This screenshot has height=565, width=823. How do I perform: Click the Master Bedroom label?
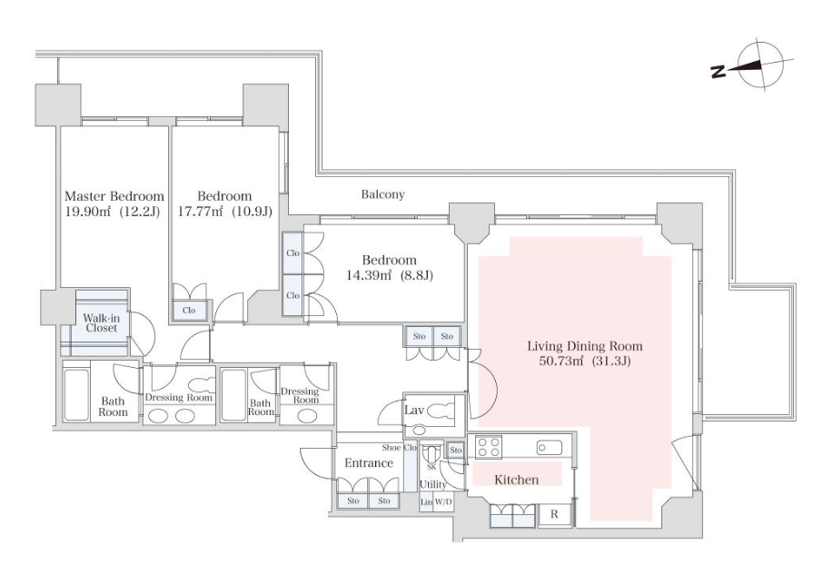[x=114, y=196]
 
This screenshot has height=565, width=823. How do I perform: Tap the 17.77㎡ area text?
[x=201, y=212]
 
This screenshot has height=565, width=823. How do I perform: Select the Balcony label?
[x=382, y=194]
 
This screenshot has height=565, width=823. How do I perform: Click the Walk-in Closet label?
[x=102, y=323]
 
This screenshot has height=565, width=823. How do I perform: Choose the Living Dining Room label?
[x=585, y=346]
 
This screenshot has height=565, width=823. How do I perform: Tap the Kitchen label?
[x=517, y=480]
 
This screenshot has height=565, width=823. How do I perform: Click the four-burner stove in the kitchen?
[x=488, y=448]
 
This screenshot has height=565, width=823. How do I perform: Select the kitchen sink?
[x=549, y=448]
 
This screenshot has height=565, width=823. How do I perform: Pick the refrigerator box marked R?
[x=554, y=515]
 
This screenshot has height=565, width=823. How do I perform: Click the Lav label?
[x=414, y=410]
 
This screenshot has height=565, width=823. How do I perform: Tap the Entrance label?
[x=369, y=463]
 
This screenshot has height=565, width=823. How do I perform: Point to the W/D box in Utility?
[x=443, y=502]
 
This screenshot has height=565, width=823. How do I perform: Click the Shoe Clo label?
[x=400, y=448]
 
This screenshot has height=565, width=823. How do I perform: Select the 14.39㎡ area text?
[x=370, y=275]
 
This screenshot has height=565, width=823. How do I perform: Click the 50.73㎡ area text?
[x=561, y=362]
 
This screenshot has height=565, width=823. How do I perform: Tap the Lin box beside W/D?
[x=426, y=502]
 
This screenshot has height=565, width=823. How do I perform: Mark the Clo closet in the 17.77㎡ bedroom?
[x=189, y=311]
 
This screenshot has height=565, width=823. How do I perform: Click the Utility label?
[x=433, y=484]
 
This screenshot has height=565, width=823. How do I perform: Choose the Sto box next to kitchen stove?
[x=456, y=450]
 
